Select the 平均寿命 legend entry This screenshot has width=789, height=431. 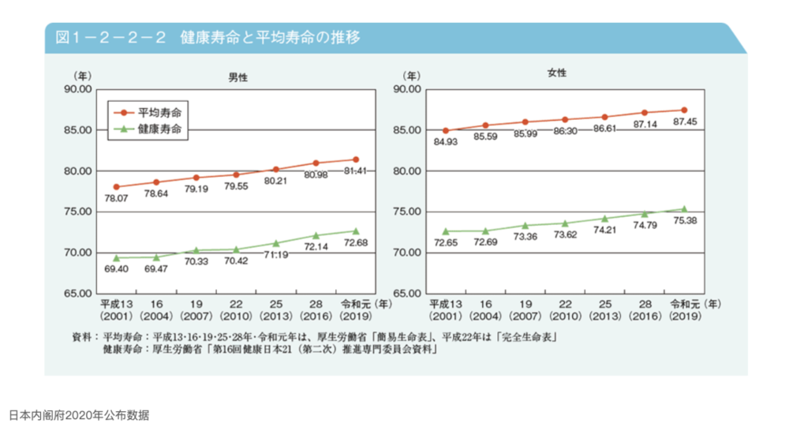tap(156, 113)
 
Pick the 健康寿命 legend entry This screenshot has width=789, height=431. tap(156, 129)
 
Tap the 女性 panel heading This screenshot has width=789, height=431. tap(556, 73)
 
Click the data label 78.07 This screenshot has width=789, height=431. tap(115, 198)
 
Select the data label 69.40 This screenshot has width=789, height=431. tap(115, 270)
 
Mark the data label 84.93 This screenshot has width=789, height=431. tap(445, 142)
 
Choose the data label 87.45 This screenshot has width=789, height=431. tap(683, 122)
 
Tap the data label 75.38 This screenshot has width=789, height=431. tap(683, 221)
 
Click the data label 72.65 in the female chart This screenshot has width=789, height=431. tap(445, 242)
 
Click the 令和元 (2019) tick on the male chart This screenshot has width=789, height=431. tap(355, 309)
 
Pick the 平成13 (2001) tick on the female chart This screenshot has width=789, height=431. tap(445, 309)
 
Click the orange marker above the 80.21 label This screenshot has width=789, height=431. tap(275, 169)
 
